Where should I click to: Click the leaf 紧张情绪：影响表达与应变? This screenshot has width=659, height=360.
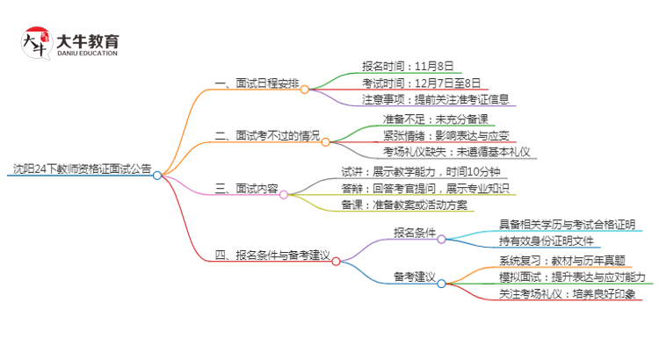(444, 135)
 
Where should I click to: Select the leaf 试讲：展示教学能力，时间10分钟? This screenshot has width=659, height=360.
(420, 171)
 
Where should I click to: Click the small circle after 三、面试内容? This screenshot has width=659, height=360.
(284, 195)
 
